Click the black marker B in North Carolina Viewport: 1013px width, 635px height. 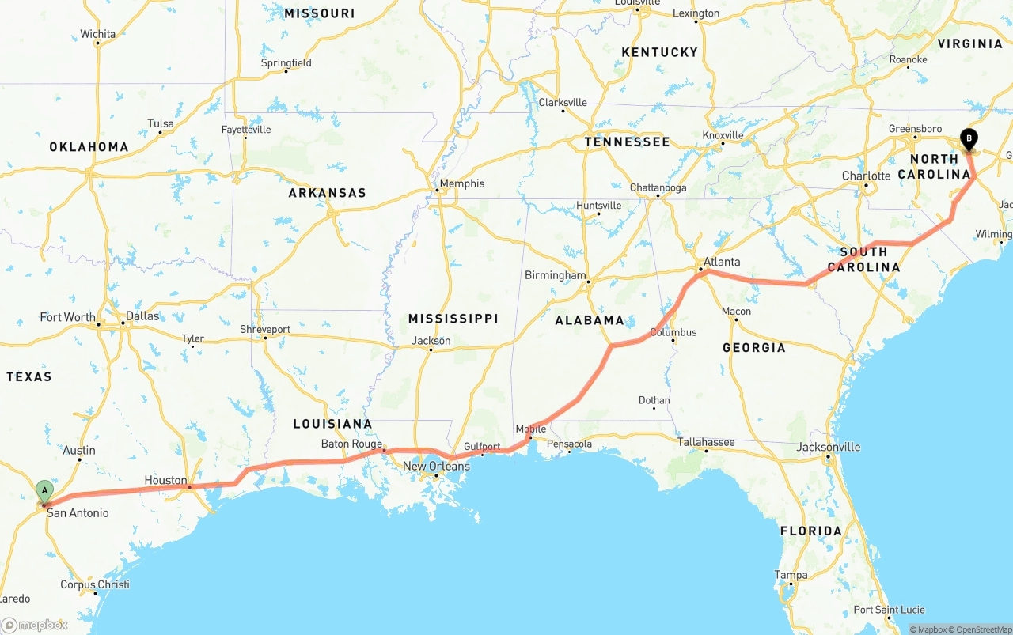pyautogui.click(x=969, y=139)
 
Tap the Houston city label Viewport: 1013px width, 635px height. pyautogui.click(x=165, y=480)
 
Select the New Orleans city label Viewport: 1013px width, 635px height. pyautogui.click(x=436, y=466)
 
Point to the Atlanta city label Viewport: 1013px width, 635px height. pyautogui.click(x=722, y=262)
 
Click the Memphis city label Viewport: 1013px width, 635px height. pyautogui.click(x=461, y=183)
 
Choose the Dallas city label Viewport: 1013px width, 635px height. pyautogui.click(x=142, y=316)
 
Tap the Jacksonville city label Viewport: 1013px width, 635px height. pyautogui.click(x=828, y=447)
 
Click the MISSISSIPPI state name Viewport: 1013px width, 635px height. pyautogui.click(x=453, y=319)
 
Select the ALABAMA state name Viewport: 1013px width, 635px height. pyautogui.click(x=590, y=320)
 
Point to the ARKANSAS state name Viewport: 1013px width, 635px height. pyautogui.click(x=327, y=193)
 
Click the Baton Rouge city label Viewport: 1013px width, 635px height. pyautogui.click(x=351, y=444)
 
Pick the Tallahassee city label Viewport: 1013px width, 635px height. pyautogui.click(x=706, y=442)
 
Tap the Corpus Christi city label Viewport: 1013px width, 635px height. pyautogui.click(x=94, y=584)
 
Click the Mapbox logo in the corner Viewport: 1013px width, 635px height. pyautogui.click(x=36, y=625)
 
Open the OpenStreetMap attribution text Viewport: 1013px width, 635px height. pyautogui.click(x=981, y=629)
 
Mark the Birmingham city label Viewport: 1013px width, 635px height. pyautogui.click(x=555, y=275)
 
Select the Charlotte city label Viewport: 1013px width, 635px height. pyautogui.click(x=866, y=176)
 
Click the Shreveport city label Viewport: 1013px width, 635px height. pyautogui.click(x=265, y=329)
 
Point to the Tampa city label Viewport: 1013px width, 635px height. pyautogui.click(x=791, y=575)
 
